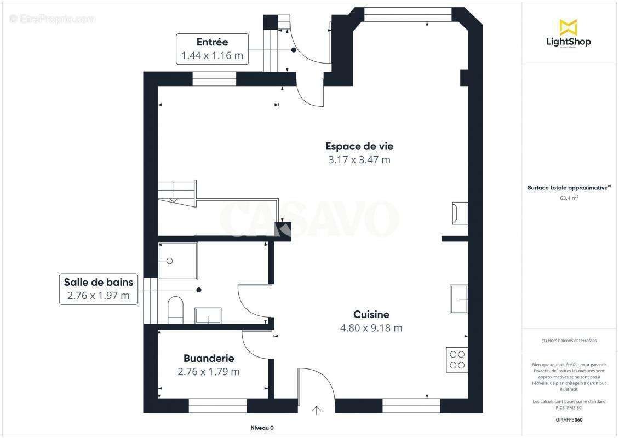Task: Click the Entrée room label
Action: [212, 42]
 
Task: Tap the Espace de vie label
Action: [359, 146]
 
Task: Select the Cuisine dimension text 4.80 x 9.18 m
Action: [371, 328]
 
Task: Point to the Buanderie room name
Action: [209, 359]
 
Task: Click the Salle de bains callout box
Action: [99, 289]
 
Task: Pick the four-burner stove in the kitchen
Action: [457, 360]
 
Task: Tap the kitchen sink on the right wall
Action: [458, 299]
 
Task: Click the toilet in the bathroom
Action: [175, 308]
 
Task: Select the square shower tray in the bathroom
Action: [177, 261]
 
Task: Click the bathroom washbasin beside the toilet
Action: [208, 315]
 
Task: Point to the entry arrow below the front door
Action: [317, 410]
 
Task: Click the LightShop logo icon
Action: [568, 27]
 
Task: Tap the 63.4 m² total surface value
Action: [568, 198]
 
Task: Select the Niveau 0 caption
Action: [262, 428]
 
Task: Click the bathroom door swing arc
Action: [248, 302]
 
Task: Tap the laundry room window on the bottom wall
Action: [217, 406]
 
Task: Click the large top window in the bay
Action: [408, 14]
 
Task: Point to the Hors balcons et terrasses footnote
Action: [569, 341]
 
